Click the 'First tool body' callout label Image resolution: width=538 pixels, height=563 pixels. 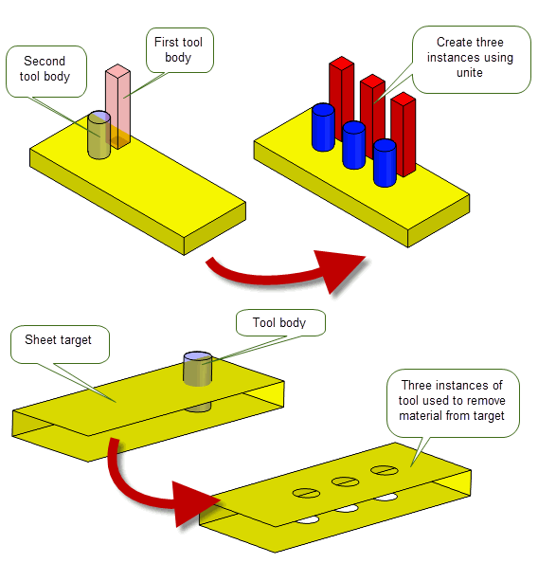178,49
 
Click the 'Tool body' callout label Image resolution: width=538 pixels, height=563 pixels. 279,322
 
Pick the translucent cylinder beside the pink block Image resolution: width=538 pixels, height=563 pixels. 99,135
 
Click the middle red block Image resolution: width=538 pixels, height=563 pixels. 372,115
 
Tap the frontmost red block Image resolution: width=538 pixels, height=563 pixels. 403,135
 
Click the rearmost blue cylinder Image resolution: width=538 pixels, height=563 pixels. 323,127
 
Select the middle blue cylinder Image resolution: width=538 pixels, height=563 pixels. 354,145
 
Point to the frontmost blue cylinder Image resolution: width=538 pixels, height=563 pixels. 385,163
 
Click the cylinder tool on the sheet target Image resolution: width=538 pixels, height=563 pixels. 197,369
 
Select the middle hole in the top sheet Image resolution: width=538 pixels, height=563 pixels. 346,481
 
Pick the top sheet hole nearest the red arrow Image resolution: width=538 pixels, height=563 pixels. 306,493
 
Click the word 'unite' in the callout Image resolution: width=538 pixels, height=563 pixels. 470,73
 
